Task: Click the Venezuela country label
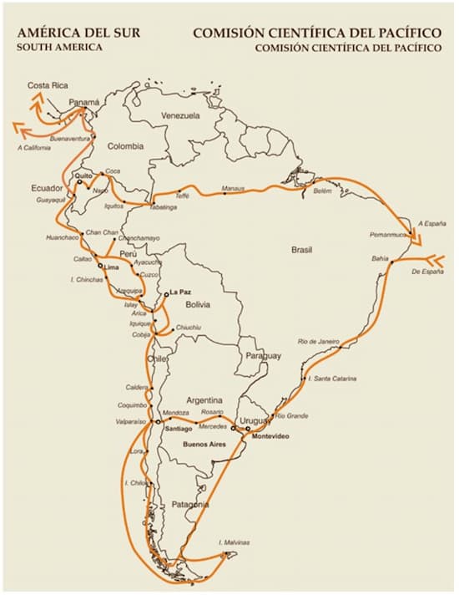coord(180,115)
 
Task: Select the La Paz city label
coord(180,292)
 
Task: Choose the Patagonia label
coord(192,505)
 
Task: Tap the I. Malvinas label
coord(235,542)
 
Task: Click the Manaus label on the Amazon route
coord(234,189)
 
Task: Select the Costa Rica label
coord(48,85)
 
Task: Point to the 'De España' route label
coord(427,272)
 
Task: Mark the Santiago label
coord(179,429)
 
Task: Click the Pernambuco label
coord(386,235)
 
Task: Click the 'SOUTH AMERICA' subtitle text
coord(59,48)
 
